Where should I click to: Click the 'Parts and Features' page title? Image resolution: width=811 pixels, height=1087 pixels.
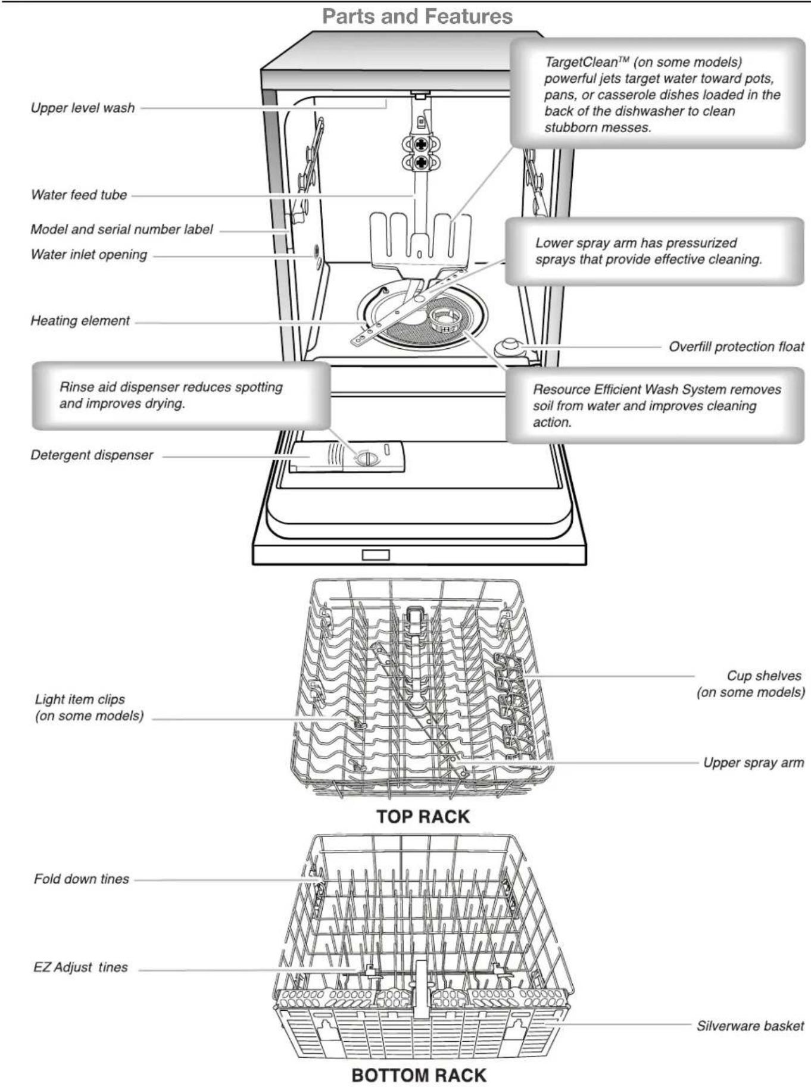[417, 16]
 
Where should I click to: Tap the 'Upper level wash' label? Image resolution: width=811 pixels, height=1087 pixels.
[83, 108]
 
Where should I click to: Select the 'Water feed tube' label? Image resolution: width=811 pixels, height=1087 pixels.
[79, 195]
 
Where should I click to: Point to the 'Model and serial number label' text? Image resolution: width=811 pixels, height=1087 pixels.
[121, 229]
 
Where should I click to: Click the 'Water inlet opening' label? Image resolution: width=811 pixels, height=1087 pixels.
[89, 254]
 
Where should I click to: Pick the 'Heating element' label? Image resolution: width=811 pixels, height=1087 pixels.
[80, 320]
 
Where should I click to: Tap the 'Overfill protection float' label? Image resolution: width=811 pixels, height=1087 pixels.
[736, 346]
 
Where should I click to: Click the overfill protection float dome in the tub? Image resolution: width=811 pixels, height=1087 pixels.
[510, 345]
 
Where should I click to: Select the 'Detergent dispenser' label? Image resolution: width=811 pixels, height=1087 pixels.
[92, 455]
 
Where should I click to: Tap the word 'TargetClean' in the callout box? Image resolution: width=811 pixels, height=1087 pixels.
[581, 62]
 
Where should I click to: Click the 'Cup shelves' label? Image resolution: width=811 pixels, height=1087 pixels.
[763, 676]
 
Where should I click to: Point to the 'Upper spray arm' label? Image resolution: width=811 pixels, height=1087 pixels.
[753, 763]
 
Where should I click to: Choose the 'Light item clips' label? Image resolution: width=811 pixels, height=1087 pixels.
[80, 699]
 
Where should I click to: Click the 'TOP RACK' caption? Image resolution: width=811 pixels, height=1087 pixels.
[423, 816]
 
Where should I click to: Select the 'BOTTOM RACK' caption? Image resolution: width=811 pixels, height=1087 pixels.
[419, 1075]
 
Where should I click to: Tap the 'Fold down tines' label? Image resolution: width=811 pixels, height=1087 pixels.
[81, 879]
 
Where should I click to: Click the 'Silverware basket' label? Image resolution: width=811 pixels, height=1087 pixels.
[750, 1026]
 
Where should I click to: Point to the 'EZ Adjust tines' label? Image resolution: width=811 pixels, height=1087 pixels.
[80, 967]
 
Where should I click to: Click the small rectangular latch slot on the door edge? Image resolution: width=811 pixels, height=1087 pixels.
[376, 555]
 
